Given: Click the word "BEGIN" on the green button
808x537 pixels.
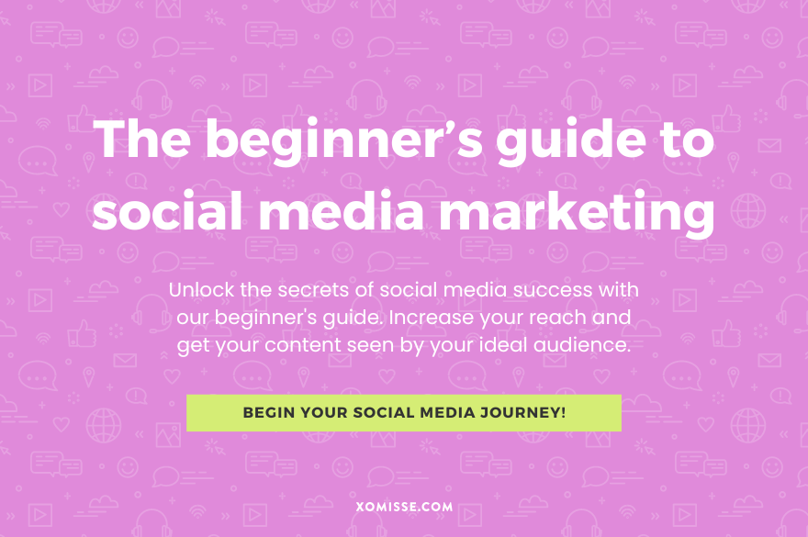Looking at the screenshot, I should [x=267, y=413].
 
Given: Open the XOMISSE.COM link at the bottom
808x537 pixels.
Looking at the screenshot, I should [x=403, y=505].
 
